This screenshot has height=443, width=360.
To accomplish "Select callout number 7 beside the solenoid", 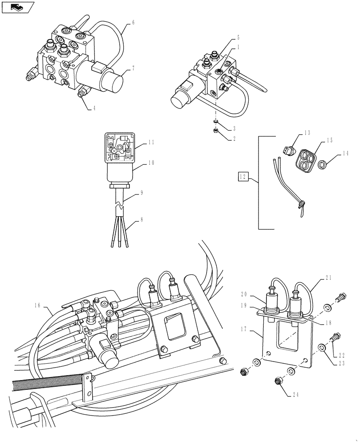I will tap(133, 69).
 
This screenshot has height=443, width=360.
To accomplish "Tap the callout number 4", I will tap(94, 108).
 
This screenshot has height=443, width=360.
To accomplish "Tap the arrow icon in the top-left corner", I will tap(17, 7).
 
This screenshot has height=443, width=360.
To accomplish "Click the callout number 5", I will tap(238, 38).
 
